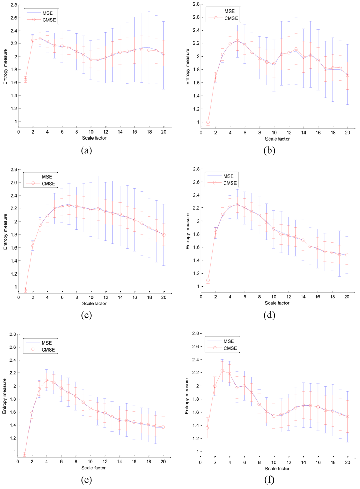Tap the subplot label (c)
click(86, 315)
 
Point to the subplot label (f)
click(269, 480)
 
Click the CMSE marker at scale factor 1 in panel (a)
click(25, 80)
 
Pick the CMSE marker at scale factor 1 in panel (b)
click(208, 122)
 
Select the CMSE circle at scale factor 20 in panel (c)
click(164, 235)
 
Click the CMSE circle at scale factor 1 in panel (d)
click(208, 280)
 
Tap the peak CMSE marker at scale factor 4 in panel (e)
click(46, 380)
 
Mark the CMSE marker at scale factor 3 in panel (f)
click(222, 371)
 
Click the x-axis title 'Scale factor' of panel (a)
click(94, 138)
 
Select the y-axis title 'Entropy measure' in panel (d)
click(188, 231)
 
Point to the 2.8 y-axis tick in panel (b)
click(196, 4)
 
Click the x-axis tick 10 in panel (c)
click(91, 297)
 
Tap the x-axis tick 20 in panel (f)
click(347, 462)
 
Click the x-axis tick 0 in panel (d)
click(201, 297)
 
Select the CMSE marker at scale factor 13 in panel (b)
click(296, 49)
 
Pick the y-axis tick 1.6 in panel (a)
click(13, 83)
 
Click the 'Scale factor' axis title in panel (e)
click(94, 468)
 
